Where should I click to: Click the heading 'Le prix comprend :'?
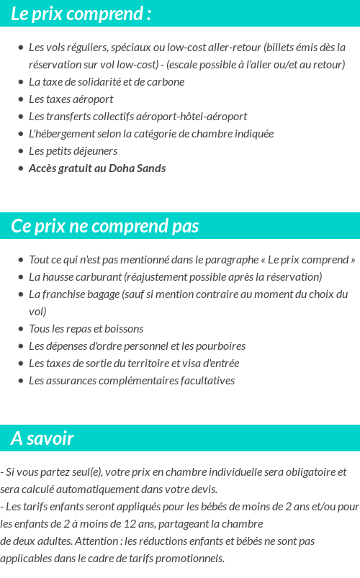81,14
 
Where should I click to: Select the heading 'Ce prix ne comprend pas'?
104,226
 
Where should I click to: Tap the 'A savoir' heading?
42,438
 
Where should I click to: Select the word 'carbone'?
166,82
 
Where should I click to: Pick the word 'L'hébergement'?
61,134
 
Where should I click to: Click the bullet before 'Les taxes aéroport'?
20,99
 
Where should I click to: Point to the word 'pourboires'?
220,346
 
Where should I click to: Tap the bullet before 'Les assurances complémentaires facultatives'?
20,381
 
